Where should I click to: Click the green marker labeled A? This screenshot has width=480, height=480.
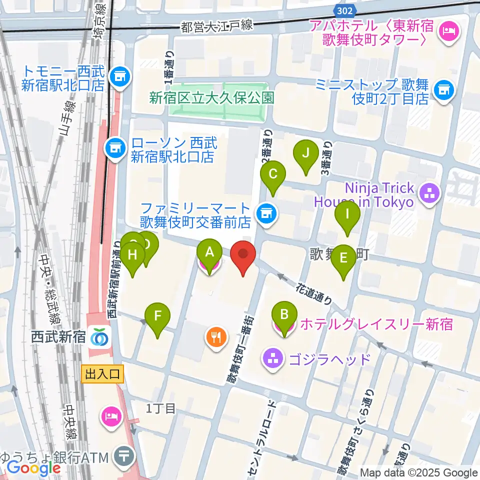pos(209,252)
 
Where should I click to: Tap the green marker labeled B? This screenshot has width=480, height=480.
pos(284,315)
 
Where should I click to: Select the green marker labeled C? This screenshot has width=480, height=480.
pos(273,175)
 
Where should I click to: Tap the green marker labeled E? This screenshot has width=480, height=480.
pos(343,258)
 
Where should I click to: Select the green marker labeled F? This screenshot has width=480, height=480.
pos(157,316)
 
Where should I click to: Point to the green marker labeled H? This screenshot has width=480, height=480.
pos(132,255)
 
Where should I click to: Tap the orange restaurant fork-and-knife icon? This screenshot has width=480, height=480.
pos(216,336)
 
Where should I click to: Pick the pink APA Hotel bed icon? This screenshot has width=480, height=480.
pos(446,31)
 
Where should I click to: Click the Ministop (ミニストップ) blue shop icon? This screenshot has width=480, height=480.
pos(442,89)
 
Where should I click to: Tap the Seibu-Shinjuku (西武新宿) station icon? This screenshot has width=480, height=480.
pos(100,337)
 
